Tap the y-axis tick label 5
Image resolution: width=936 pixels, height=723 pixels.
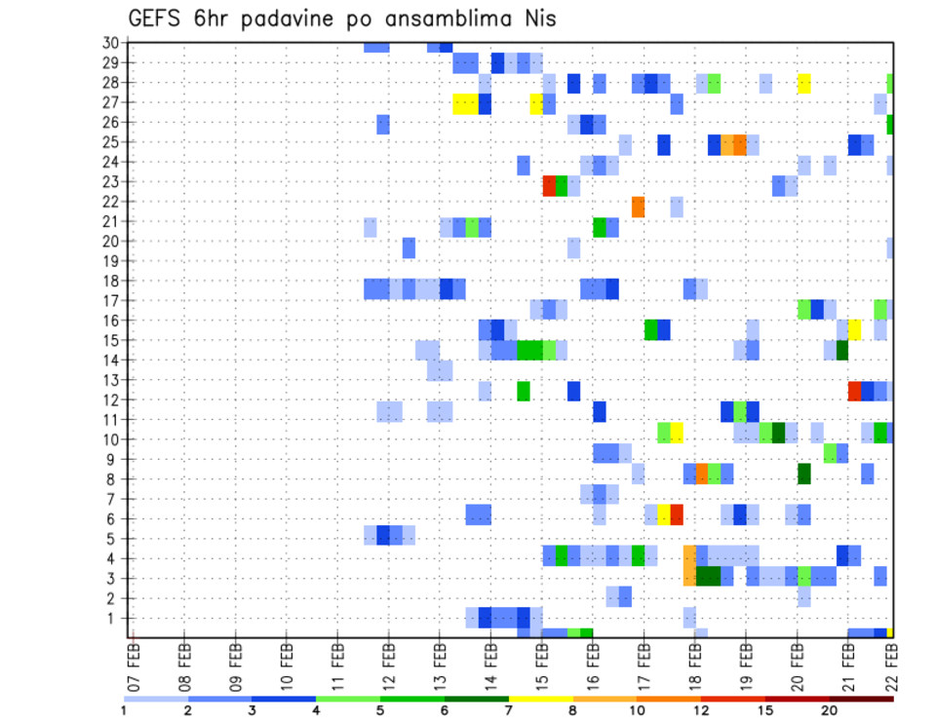(x=113, y=538)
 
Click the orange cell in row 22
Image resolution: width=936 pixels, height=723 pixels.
(x=638, y=207)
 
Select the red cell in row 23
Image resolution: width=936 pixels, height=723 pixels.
(x=549, y=186)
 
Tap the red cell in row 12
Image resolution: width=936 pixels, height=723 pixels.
(x=854, y=391)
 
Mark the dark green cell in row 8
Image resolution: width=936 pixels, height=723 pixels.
(x=803, y=474)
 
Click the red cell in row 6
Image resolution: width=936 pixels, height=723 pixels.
(x=676, y=514)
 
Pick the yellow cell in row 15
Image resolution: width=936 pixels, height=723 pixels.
(x=854, y=329)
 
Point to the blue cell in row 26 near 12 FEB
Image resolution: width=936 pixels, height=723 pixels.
(x=383, y=124)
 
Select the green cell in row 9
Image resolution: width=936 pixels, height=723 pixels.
(x=830, y=453)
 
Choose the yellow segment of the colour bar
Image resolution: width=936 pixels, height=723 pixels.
(x=541, y=698)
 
